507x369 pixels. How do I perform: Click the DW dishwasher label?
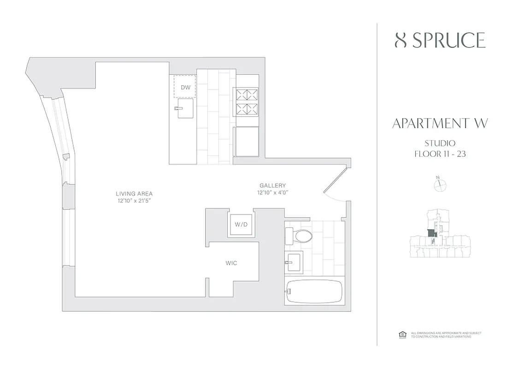point(185,87)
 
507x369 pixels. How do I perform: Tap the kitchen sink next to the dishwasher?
point(183,109)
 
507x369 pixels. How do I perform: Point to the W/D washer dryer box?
point(241,225)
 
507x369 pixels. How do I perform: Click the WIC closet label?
point(231,263)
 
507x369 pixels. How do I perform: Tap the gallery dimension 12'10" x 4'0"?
point(275,193)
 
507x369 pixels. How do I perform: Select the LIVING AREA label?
point(134,193)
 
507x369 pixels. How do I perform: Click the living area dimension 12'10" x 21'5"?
point(134,201)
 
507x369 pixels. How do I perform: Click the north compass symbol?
point(441,184)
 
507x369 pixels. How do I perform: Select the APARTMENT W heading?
point(440,124)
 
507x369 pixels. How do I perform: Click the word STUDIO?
point(440,143)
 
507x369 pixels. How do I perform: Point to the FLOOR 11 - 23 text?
point(440,154)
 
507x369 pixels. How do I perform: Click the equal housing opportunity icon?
point(401,334)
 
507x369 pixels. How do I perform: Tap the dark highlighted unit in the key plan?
point(431,234)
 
